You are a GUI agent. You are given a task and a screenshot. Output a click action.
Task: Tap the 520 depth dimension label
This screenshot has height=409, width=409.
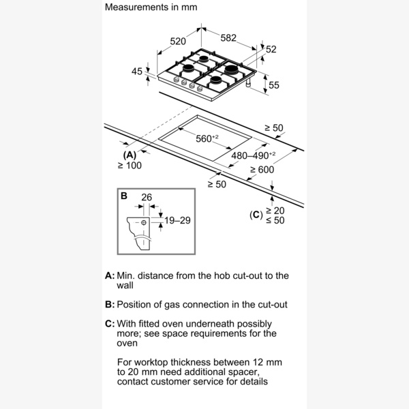click(x=178, y=42)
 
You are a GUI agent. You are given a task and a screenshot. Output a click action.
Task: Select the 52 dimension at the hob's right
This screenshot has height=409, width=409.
click(x=271, y=49)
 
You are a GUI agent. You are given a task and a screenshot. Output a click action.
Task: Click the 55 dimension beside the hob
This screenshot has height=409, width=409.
click(x=273, y=85)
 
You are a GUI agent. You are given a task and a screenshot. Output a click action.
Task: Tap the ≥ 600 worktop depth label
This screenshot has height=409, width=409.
click(x=262, y=170)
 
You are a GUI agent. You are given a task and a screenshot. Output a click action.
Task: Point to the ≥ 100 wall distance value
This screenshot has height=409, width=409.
click(x=129, y=166)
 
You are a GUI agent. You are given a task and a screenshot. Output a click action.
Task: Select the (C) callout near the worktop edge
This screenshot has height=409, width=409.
click(x=256, y=215)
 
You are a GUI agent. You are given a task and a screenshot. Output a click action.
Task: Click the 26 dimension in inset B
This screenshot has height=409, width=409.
click(x=145, y=198)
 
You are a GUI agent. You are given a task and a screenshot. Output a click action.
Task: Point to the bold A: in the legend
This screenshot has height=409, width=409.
click(x=109, y=276)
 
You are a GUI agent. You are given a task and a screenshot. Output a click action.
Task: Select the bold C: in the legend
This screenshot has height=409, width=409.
click(x=109, y=323)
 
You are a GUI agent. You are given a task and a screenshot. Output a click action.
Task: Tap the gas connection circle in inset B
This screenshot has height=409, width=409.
click(x=144, y=222)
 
